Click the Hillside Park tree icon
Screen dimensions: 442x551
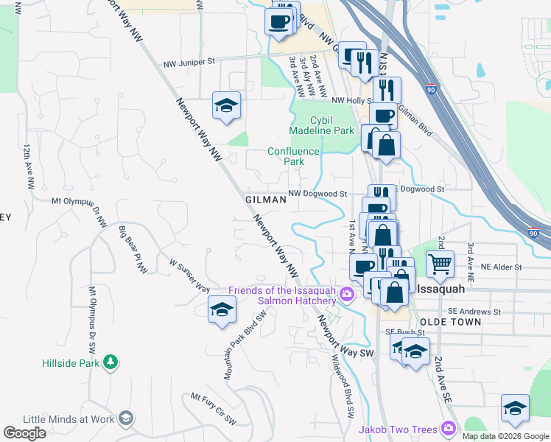point(110,362)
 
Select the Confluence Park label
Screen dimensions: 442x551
point(293,156)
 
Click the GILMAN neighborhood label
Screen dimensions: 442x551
point(265,200)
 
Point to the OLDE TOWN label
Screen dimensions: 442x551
point(450,322)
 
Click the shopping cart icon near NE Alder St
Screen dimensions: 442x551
point(440,263)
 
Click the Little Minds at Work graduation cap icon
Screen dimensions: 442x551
point(126,418)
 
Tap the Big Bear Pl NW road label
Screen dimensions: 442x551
point(133,250)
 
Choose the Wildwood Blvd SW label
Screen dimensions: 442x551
point(343,380)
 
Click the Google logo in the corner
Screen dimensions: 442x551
point(24,433)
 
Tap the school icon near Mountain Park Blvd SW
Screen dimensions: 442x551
point(222,309)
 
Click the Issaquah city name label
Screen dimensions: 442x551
point(440,290)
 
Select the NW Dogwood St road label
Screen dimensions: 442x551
point(317,194)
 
